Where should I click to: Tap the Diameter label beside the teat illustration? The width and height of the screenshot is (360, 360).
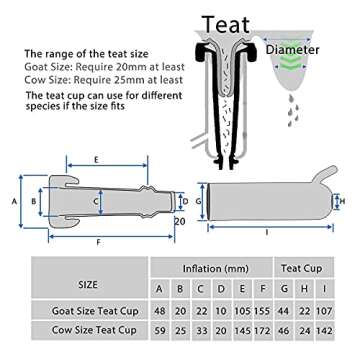[x=293, y=50]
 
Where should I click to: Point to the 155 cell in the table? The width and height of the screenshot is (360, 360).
[x=263, y=311]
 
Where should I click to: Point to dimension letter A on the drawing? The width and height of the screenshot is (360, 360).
[x=15, y=201]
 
